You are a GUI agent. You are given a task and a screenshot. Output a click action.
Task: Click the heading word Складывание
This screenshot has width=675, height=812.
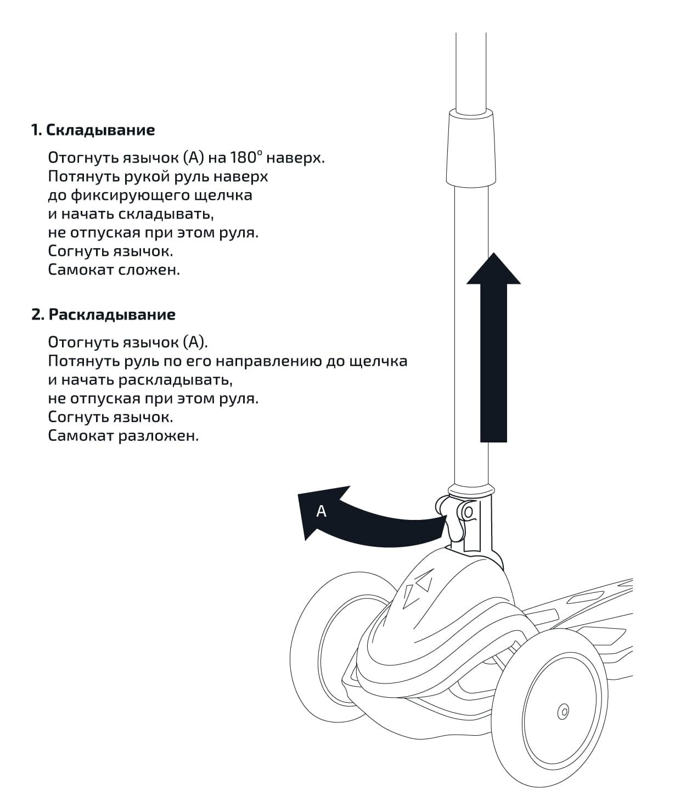coord(100,130)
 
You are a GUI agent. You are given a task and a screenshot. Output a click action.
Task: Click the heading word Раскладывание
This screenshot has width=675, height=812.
coord(112,315)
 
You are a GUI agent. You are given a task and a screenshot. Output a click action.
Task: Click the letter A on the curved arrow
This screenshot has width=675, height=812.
coord(321,511)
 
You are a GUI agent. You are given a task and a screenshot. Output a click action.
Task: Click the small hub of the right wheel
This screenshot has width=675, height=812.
coord(562,712)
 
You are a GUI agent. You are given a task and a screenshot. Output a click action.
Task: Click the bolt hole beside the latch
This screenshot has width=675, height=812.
coord(468,512)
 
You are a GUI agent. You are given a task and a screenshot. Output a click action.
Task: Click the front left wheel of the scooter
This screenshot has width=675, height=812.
coord(329,631)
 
